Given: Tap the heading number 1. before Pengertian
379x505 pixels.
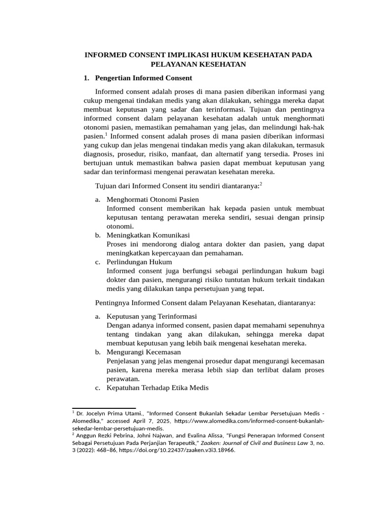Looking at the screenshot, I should pos(86,78).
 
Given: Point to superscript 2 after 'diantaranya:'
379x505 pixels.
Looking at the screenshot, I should pos(261,183).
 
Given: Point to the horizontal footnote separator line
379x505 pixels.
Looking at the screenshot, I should pos(104,408).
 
